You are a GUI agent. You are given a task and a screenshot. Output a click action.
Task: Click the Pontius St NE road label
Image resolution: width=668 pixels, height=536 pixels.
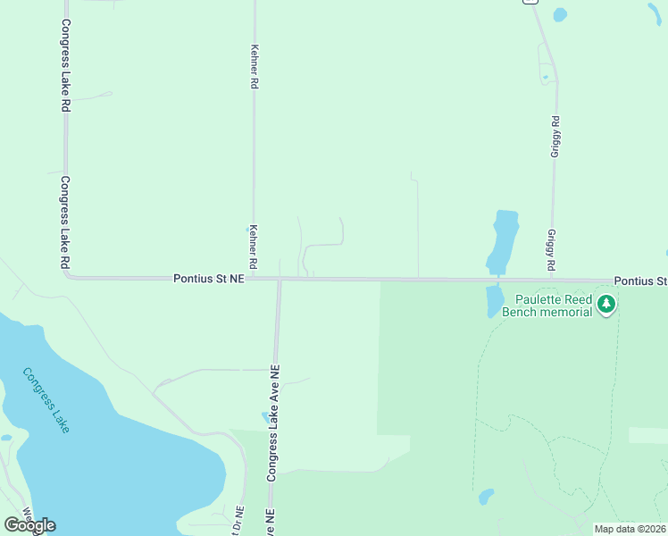point(208,280)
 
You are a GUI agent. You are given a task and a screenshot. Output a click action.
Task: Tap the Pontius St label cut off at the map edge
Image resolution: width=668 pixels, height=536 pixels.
point(640,281)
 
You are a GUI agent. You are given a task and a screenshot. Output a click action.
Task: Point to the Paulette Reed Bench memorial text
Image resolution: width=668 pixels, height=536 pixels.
point(547,306)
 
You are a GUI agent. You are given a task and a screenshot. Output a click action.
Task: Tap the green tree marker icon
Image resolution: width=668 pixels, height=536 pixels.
point(607,306)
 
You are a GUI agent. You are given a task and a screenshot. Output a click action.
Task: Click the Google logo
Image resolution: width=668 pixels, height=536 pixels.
point(29,525)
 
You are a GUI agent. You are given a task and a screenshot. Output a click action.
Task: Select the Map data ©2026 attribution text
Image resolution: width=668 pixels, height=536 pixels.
point(630,529)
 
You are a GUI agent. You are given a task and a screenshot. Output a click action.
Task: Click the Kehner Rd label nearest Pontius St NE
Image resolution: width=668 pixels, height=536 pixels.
point(254,247)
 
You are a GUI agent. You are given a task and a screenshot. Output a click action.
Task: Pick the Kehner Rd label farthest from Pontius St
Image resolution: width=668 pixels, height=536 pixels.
point(255,67)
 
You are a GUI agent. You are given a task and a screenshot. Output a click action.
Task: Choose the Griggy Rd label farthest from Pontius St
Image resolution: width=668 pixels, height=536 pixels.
point(555,138)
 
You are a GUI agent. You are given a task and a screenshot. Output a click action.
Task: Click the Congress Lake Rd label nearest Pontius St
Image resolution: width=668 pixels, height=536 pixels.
point(65,222)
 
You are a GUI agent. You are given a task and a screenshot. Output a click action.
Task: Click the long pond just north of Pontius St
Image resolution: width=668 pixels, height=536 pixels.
point(504,240)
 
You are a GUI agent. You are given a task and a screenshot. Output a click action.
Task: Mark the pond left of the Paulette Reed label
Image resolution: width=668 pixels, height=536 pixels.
point(494,301)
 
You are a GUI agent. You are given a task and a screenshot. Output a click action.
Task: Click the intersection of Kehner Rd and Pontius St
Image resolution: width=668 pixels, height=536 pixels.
point(254,279)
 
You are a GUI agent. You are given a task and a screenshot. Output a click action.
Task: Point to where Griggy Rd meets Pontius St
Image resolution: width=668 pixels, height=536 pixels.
point(552,280)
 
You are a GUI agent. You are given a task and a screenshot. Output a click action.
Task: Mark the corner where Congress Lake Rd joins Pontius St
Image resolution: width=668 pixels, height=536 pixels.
point(68,276)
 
